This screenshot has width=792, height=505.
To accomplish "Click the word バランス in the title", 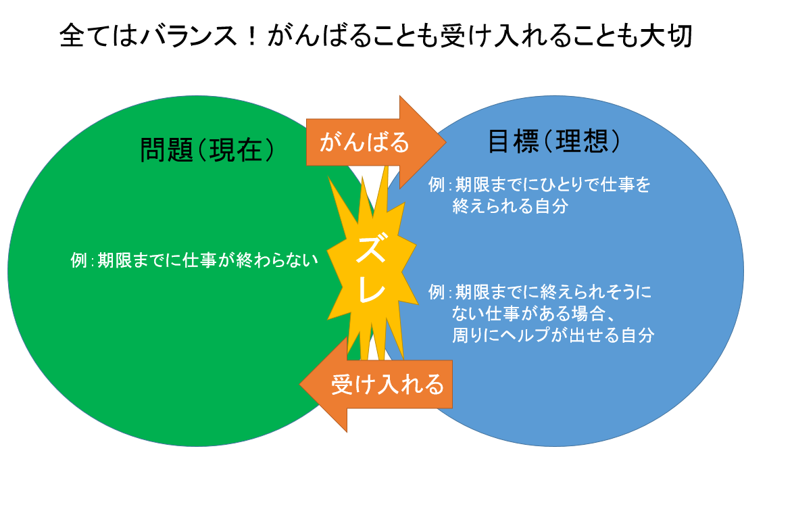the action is pos(188,37).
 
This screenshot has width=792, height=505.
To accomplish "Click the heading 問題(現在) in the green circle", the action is pos(207,150).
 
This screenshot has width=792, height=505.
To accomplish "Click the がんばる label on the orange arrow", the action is pos(364,141).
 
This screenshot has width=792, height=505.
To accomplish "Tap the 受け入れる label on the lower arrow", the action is pos(387,384).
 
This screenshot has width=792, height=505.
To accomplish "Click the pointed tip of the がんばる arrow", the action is pos(445,142).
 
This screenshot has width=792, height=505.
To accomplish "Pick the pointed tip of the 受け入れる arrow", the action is pos(300,384).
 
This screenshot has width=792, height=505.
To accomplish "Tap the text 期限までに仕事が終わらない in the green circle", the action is pos(207,260).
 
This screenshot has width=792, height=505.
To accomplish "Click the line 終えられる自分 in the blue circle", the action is pos(510,206).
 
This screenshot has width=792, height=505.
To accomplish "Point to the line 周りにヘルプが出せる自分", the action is pos(553,335).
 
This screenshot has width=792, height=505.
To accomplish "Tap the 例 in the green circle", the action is pos(79,260).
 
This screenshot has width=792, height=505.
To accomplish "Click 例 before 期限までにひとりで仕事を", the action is pos(437,185).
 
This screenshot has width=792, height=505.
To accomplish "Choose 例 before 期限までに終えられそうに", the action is pos(437,291).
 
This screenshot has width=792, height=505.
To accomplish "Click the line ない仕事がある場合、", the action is pos(533,314).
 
